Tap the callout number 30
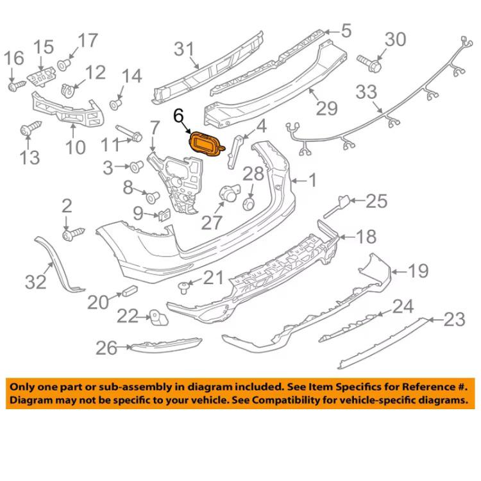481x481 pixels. (x=394, y=40)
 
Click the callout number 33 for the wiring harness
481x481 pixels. (x=367, y=92)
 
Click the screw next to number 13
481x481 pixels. (x=27, y=130)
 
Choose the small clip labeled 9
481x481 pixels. (x=163, y=215)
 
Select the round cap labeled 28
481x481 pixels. (x=249, y=203)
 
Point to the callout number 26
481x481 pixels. (x=106, y=348)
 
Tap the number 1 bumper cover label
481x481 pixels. (x=312, y=181)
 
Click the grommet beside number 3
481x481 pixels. (x=135, y=167)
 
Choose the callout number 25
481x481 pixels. (x=377, y=201)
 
